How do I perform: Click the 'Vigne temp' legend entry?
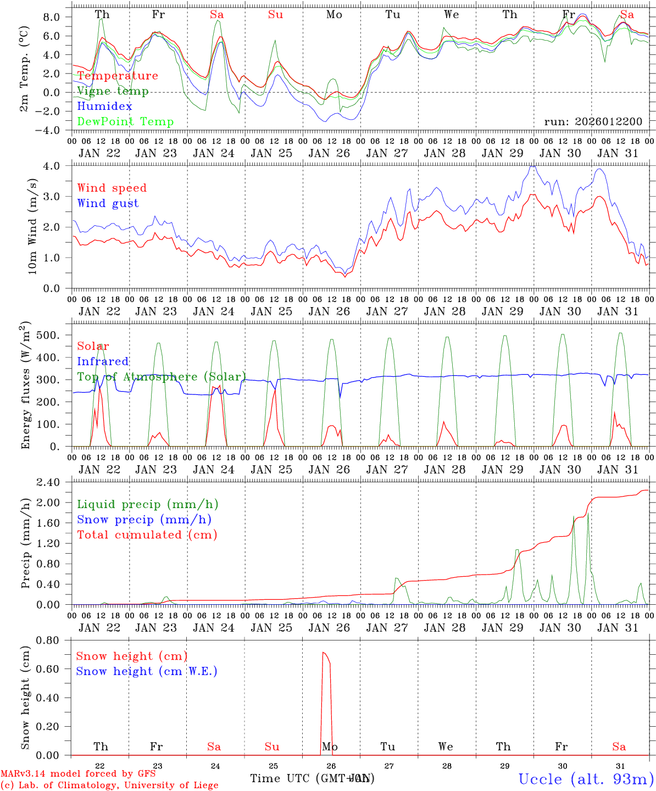point(113,91)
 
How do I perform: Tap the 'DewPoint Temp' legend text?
point(125,122)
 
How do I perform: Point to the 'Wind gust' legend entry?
point(108,203)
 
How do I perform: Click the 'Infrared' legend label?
point(103,361)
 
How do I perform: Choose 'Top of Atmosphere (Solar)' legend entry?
point(162,377)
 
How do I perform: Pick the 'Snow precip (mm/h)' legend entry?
point(144,520)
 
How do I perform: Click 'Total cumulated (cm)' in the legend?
point(147,535)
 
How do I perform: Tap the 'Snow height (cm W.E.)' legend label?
point(147,671)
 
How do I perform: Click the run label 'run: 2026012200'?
point(593,122)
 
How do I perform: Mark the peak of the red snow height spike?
point(324,653)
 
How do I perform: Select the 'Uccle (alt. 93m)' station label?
point(586,779)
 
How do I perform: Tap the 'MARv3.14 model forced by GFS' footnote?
point(78,773)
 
